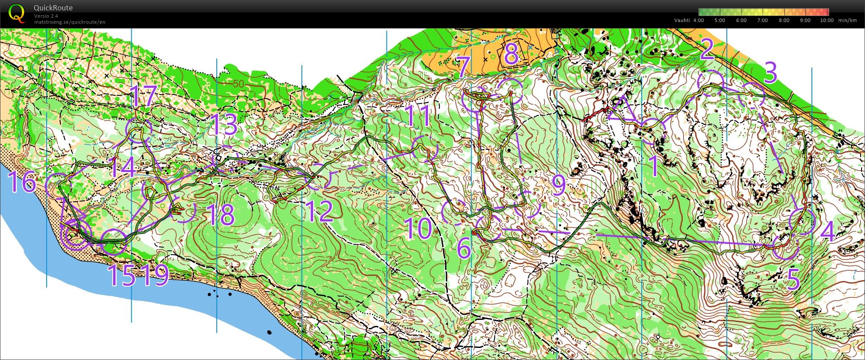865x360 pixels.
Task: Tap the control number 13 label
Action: coord(223,125)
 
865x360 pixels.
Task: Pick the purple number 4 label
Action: coord(827,232)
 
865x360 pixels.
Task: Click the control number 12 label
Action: coord(320,212)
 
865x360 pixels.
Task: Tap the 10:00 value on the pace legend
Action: coord(826,20)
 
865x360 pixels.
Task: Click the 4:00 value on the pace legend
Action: coord(698,20)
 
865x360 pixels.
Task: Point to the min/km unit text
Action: coord(847,20)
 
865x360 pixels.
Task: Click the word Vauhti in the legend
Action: coord(682,20)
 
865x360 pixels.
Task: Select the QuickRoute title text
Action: coord(53,8)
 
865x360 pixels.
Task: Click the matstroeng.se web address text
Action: coord(70,22)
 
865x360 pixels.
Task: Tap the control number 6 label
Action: coord(463,249)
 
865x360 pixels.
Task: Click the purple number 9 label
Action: coord(558,185)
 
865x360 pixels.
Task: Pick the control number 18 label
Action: coord(220,215)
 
